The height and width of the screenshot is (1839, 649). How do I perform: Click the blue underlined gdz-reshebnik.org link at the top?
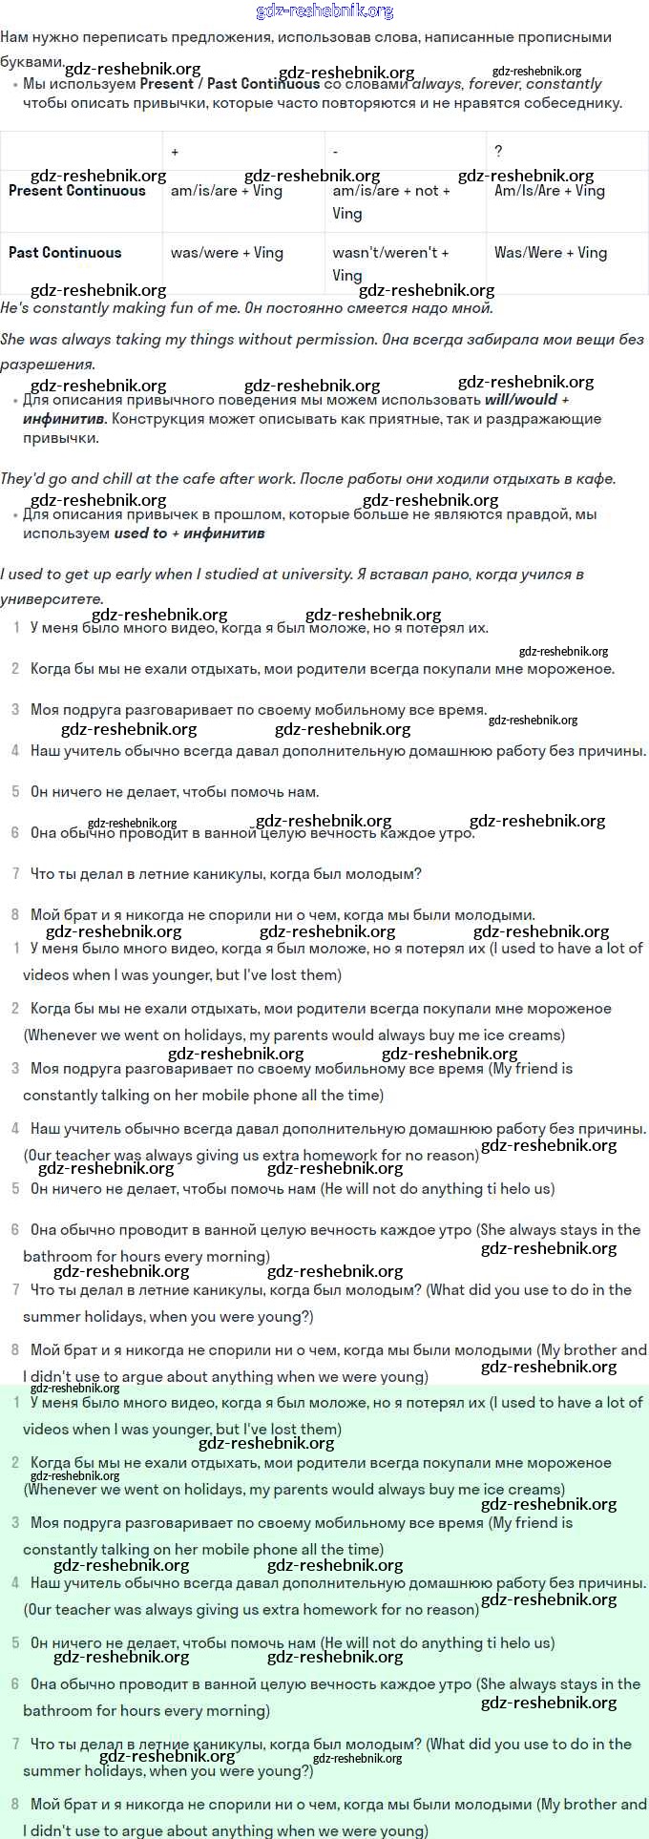pos(324,11)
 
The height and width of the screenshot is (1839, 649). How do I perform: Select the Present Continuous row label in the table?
pos(76,191)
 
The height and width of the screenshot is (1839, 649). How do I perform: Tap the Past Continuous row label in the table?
pos(65,253)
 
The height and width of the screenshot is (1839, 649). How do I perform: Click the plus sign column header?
pos(175,152)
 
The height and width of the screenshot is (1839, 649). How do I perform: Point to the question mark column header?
pos(498,152)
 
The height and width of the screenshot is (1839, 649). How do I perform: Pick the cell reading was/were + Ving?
pos(226,253)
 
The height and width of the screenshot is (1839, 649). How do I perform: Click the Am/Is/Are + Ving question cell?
pos(549,191)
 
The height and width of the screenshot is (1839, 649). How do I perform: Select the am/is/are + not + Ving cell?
pos(390,201)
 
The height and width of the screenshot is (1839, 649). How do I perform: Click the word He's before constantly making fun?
pos(17,308)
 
